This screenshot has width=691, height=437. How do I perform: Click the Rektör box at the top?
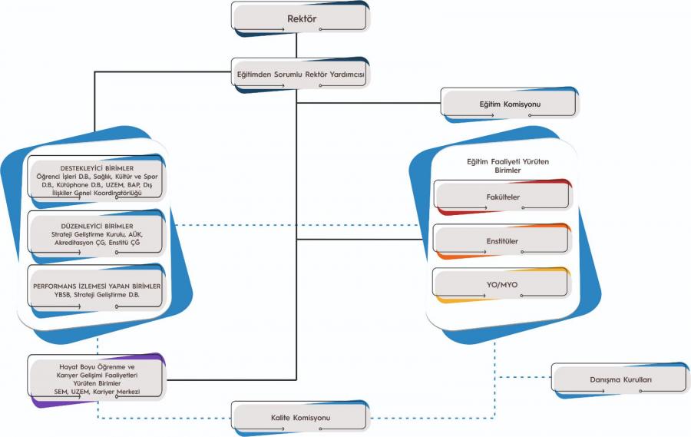click(299, 18)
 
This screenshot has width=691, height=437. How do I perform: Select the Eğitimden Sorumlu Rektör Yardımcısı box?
click(300, 74)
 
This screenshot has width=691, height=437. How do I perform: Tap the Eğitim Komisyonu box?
click(510, 104)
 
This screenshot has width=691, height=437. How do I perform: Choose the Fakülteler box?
click(502, 197)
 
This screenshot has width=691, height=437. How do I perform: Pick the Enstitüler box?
click(502, 241)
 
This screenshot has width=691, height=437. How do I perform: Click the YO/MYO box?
click(501, 285)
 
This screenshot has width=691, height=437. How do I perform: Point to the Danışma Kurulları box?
click(620, 379)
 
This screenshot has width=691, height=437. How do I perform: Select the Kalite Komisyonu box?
click(300, 418)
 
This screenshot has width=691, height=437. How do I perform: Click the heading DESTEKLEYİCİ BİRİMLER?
click(97, 168)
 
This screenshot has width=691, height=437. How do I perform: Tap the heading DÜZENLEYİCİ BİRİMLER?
click(97, 227)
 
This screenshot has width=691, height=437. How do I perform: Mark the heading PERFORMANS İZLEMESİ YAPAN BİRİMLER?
click(97, 286)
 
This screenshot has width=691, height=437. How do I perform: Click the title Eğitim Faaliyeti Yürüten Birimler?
click(508, 166)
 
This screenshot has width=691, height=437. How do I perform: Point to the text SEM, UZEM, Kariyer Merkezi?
click(97, 392)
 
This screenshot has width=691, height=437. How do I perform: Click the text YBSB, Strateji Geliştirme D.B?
click(97, 295)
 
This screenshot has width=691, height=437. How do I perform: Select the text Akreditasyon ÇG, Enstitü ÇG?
click(97, 243)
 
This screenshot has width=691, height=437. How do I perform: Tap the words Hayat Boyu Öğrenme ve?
click(97, 367)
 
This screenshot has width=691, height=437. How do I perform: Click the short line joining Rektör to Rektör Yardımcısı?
click(296, 45)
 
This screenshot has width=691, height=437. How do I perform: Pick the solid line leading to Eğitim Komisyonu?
click(369, 103)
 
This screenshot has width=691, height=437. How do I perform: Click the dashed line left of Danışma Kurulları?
click(523, 377)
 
